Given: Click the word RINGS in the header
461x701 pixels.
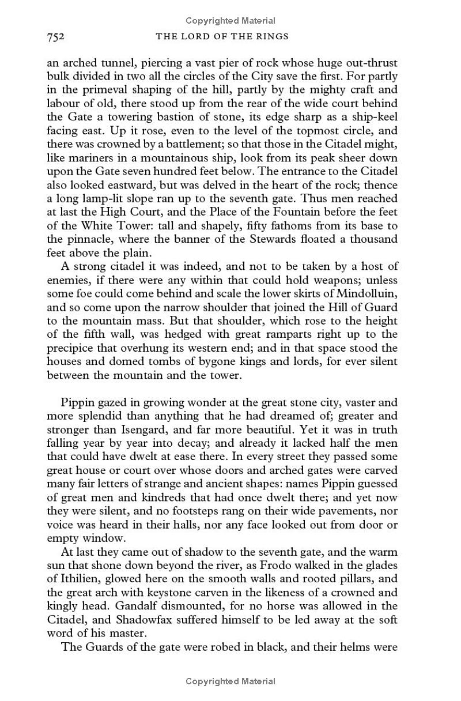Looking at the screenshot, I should pyautogui.click(x=273, y=37).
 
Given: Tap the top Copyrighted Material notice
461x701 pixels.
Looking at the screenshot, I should pyautogui.click(x=231, y=21).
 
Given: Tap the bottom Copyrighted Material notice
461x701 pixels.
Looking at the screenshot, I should pyautogui.click(x=231, y=681).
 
